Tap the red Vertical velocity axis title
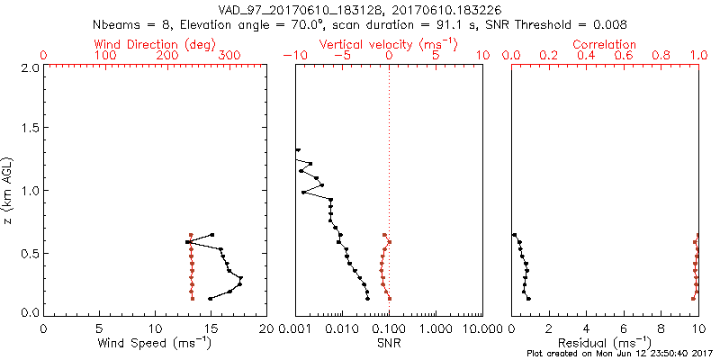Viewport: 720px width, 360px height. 389,44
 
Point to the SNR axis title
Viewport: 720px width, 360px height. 389,343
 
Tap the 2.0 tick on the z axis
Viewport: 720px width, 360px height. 30,67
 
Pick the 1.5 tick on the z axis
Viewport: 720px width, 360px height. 30,129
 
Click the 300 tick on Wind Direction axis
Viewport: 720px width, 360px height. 230,56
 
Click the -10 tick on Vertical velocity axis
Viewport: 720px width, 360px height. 296,56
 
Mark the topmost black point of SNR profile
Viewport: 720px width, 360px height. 298,150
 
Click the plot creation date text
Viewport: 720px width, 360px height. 621,353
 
